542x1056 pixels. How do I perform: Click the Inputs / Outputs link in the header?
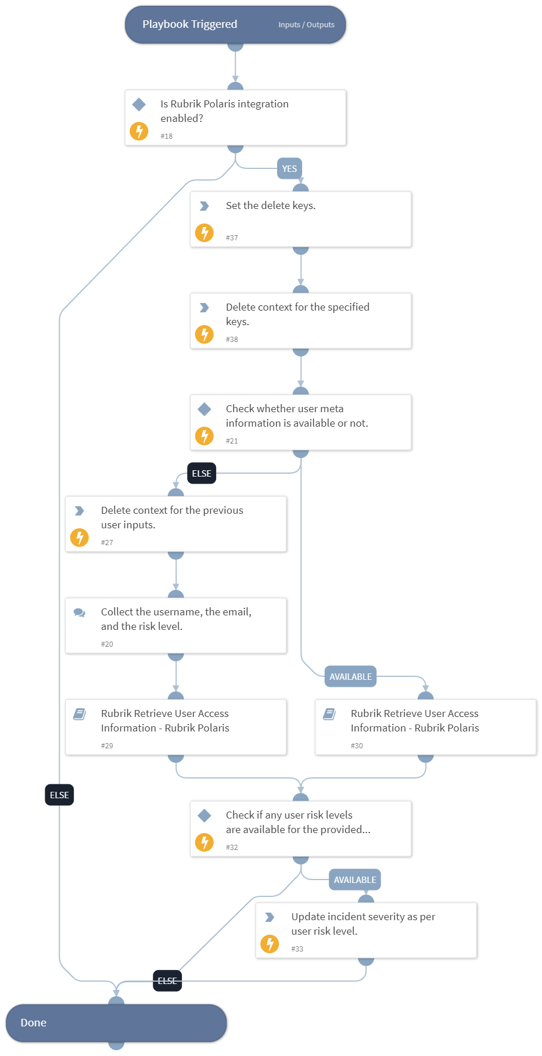[306, 25]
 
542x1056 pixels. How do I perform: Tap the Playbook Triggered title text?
[189, 24]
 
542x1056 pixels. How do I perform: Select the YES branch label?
[289, 169]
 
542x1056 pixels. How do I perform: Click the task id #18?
[167, 136]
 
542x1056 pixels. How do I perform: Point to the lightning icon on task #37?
[204, 233]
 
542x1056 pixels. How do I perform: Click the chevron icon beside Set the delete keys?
[204, 206]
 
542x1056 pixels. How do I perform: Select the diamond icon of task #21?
[204, 409]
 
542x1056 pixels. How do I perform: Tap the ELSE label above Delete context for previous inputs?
[202, 474]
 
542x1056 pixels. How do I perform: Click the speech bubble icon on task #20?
[80, 612]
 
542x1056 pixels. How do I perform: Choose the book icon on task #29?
[80, 714]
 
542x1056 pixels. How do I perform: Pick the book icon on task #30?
[329, 714]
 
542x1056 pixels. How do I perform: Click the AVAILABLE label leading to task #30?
[350, 677]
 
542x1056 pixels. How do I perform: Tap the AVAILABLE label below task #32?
[355, 880]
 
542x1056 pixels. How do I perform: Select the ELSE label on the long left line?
[59, 795]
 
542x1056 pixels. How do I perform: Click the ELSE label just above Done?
[167, 981]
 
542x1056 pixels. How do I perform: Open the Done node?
[116, 1023]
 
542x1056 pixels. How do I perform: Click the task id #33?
[297, 949]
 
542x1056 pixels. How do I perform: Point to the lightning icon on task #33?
[270, 944]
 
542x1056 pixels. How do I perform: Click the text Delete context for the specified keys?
[297, 314]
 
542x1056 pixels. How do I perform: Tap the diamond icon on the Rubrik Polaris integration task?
[139, 104]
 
